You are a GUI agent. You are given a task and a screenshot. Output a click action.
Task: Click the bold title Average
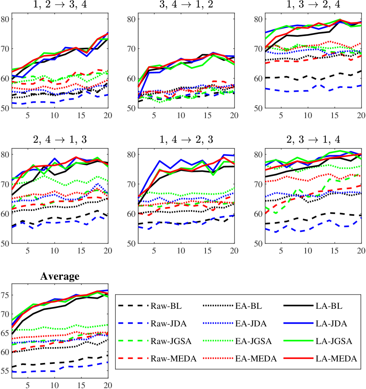click(60, 277)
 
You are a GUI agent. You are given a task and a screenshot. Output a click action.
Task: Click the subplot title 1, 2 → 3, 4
click(60, 6)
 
